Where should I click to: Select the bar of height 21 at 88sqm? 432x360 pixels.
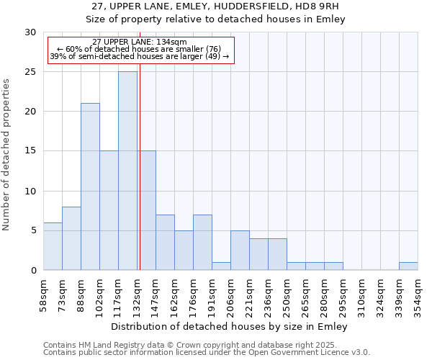90,186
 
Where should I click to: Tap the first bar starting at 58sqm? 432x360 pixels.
53,246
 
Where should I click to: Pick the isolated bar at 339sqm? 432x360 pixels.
408,266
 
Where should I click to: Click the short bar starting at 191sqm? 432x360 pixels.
221,266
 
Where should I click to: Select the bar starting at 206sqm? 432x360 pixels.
240,251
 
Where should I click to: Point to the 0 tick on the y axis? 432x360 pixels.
33,270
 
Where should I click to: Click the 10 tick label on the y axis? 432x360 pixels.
30,191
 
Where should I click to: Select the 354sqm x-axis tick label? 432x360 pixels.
418,294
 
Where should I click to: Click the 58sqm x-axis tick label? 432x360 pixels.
43,294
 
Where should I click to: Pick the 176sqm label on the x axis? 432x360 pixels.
193,294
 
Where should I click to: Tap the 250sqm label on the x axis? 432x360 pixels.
287,294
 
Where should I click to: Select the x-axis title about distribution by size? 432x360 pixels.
230,327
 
